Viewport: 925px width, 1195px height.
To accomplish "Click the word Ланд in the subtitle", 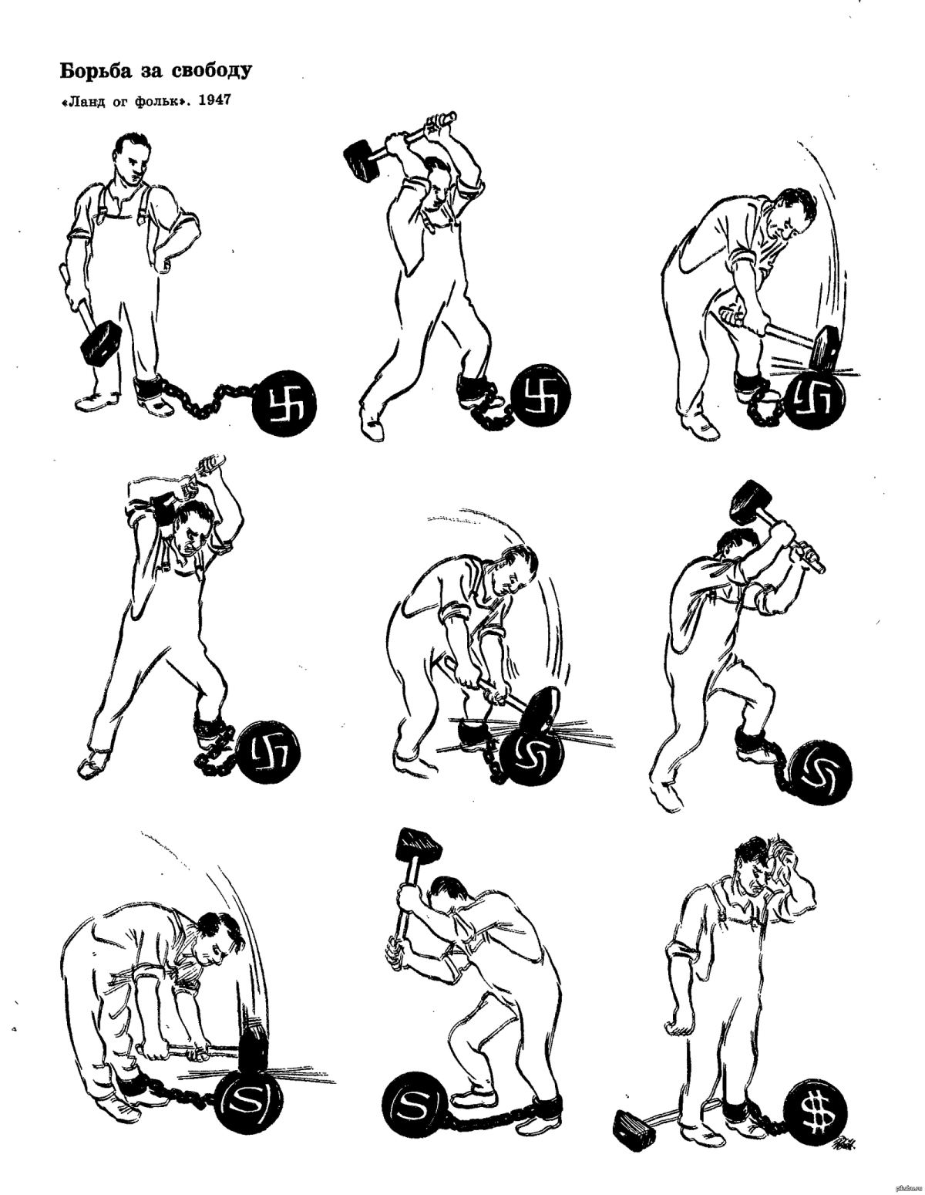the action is tap(81, 101).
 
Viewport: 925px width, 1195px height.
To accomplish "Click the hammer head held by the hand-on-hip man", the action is tap(101, 342).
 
